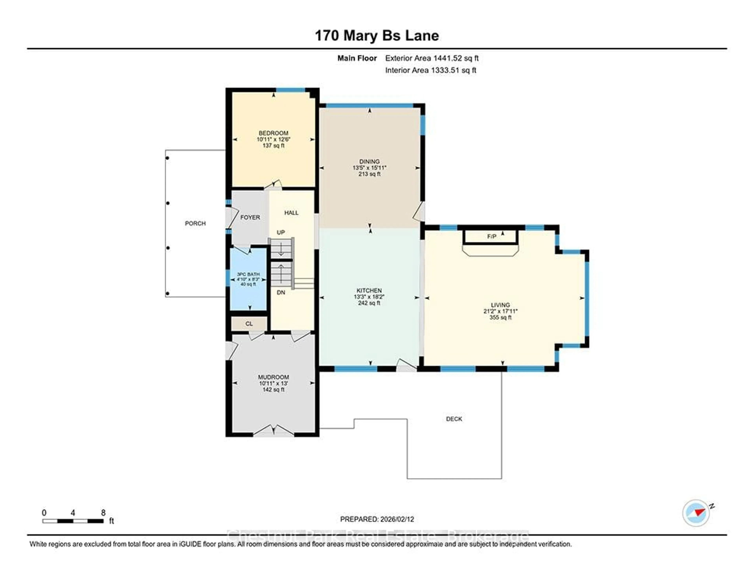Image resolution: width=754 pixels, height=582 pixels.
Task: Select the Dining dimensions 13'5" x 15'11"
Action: click(369, 168)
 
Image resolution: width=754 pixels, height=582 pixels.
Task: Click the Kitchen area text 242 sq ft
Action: click(369, 303)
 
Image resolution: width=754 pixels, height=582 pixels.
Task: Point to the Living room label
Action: click(500, 305)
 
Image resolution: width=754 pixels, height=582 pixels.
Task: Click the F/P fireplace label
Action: click(492, 236)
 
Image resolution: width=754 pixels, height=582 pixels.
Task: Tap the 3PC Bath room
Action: click(248, 279)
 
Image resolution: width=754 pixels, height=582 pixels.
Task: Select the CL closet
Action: click(249, 324)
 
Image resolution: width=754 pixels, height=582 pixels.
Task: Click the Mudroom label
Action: click(274, 377)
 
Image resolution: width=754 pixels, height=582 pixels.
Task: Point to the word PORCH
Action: click(195, 223)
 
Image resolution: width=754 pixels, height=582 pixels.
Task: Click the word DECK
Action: click(454, 419)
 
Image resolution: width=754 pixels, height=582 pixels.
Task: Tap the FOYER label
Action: click(250, 217)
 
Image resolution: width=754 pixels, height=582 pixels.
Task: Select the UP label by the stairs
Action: click(281, 233)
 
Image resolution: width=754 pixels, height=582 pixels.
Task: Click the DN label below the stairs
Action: click(281, 293)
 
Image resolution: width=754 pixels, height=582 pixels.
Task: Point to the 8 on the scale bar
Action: click(103, 513)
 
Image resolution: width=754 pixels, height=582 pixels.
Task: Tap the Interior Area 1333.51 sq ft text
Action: click(431, 70)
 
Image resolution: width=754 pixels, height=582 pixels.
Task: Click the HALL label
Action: click(291, 213)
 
